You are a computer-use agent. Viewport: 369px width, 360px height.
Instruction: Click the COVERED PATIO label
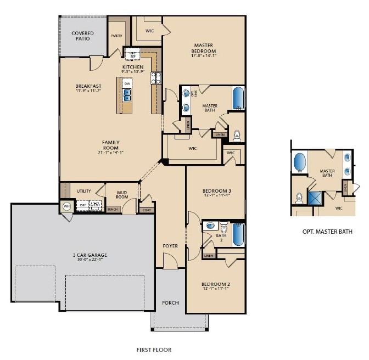point(83,36)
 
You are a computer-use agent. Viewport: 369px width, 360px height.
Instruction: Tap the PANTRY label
point(116,36)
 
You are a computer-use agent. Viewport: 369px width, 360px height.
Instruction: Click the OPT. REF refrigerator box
point(132,54)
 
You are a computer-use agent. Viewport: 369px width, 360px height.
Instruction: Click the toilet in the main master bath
point(237,134)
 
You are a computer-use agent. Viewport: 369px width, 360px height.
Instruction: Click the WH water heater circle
point(67,206)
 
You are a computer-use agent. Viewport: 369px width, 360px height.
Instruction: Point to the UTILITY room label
point(83,191)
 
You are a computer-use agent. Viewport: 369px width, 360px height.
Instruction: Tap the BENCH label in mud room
point(113,209)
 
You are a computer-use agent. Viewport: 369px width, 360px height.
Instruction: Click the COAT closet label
point(147,209)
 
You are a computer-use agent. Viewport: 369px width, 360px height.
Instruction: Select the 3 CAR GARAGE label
point(90,255)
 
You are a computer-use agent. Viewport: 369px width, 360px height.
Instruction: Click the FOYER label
point(170,246)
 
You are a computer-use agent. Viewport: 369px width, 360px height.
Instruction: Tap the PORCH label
point(170,303)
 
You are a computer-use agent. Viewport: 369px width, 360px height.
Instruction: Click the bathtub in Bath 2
point(238,234)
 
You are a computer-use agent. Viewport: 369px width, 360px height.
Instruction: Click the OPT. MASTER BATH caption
point(327,232)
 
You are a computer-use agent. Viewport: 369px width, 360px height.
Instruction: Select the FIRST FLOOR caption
point(154,350)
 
